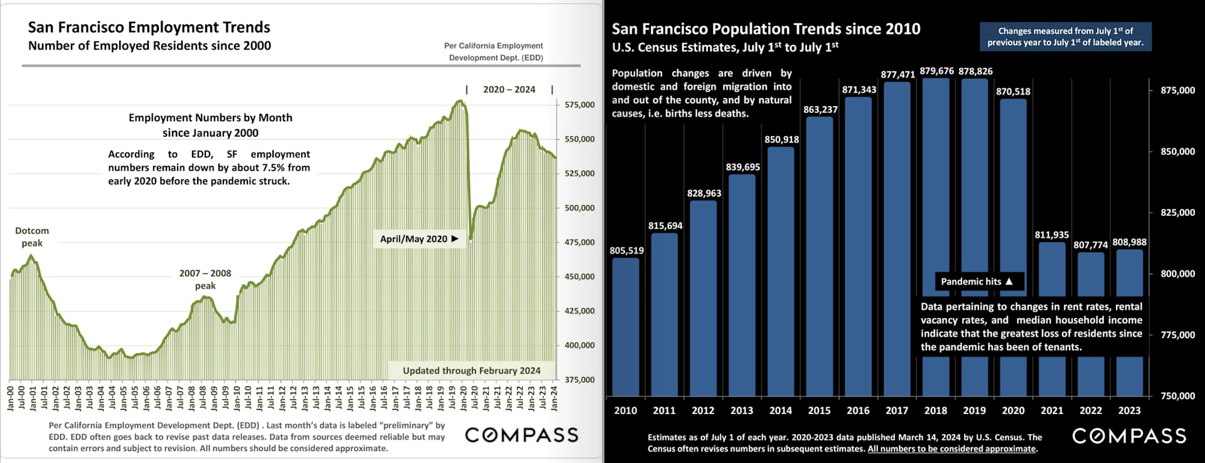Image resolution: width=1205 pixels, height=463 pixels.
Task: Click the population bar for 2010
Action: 626,326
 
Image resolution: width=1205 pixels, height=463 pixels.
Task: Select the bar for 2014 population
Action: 781,270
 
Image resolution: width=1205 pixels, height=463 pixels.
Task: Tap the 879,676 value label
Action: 936,71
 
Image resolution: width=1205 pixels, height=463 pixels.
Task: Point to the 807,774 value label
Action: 1090,245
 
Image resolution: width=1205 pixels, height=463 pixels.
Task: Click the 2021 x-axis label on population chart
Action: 1052,410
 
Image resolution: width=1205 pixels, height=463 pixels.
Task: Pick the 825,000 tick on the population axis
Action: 1177,213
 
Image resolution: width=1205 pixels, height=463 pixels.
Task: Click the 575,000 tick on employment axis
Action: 579,105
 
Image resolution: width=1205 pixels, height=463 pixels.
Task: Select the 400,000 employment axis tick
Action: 579,345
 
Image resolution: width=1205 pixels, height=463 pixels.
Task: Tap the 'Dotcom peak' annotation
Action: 32,237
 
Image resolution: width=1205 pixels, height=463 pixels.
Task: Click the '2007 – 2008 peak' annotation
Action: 205,279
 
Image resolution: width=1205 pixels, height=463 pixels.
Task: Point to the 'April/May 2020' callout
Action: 419,239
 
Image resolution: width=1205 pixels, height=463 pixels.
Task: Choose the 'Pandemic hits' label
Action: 977,282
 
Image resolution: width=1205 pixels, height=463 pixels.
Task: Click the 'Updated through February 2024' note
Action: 471,371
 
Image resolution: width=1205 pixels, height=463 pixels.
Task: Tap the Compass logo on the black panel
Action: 1128,436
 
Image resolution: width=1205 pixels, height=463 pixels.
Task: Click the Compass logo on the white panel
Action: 521,435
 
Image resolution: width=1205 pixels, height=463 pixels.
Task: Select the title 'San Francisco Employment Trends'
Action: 149,28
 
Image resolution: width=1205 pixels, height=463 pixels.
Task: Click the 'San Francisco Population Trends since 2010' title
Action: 766,29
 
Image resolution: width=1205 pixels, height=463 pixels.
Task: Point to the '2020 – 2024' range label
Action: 509,90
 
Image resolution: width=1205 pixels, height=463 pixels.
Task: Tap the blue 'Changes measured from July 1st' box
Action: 1065,37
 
